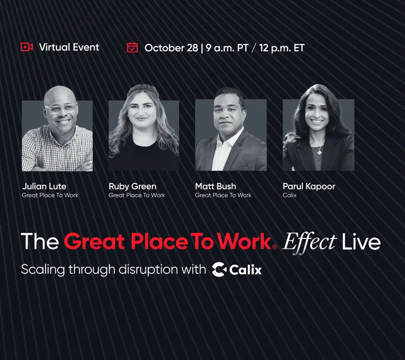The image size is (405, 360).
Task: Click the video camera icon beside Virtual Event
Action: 26,47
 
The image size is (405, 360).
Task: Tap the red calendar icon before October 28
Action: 132,48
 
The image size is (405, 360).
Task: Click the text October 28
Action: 171,48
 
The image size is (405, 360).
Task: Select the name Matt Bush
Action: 215,186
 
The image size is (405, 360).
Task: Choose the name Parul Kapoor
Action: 309,186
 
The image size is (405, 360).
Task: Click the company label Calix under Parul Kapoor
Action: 290,195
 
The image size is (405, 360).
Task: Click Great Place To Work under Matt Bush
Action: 223,195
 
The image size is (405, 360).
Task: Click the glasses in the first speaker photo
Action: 61,108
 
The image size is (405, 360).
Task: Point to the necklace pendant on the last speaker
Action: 318,150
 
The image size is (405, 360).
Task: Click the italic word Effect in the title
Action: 309,242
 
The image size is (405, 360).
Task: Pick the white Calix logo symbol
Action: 219,269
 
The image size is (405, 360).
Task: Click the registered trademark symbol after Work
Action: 274,247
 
